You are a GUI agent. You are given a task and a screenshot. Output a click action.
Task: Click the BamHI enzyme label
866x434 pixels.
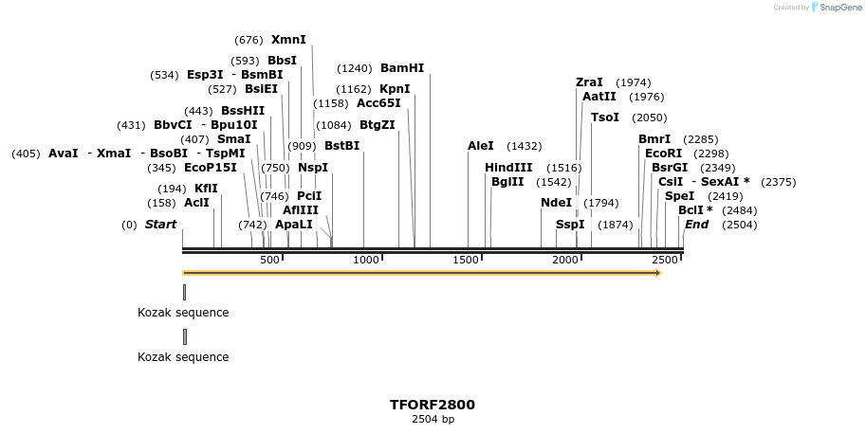(402, 68)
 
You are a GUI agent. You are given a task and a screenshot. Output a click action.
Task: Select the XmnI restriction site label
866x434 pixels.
(288, 40)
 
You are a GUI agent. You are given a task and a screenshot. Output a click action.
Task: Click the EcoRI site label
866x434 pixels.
(663, 154)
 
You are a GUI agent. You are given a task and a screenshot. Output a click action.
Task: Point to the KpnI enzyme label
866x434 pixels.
(395, 89)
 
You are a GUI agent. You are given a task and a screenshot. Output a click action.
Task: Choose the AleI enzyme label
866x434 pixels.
(481, 146)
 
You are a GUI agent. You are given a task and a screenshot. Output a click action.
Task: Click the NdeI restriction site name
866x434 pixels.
(556, 203)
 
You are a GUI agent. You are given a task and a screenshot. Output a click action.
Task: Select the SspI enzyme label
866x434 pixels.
(570, 225)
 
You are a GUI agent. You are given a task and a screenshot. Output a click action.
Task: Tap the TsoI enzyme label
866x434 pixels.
(604, 118)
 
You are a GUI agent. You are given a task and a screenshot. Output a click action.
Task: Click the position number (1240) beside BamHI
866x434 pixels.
(355, 68)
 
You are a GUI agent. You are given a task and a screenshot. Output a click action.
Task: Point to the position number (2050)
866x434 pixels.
(649, 118)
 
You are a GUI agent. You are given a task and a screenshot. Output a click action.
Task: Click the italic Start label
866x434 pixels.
(160, 225)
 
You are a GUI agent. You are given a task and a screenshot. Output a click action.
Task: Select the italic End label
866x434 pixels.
(696, 225)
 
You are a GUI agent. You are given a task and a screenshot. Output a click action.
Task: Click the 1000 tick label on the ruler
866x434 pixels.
(365, 260)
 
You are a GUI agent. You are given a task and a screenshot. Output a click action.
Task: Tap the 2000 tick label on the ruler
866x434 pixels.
(565, 260)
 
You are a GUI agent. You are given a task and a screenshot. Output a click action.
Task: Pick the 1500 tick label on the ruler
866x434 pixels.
(465, 260)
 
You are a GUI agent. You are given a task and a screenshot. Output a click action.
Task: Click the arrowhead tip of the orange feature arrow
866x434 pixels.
(659, 273)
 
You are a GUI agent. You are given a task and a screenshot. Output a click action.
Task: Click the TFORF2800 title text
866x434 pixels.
(433, 405)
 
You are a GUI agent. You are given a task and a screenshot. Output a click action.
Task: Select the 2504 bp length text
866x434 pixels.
(433, 419)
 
